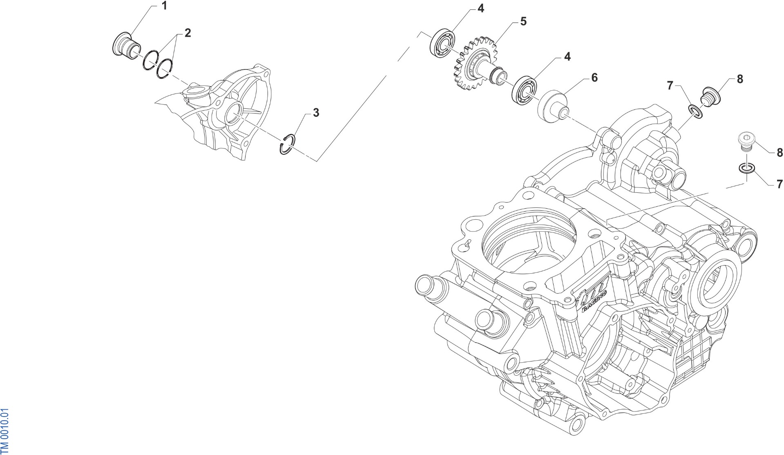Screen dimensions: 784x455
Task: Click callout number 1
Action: click(x=165, y=6)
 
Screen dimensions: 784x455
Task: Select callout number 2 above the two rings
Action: click(x=188, y=33)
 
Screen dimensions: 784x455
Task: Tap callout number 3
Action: click(x=316, y=113)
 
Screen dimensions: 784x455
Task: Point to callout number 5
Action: click(x=523, y=21)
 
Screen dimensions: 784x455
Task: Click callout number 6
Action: click(x=594, y=78)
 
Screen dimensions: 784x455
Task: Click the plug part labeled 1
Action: click(x=126, y=45)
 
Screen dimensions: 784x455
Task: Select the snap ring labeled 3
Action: click(x=288, y=145)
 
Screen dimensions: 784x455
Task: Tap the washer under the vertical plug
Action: click(x=746, y=168)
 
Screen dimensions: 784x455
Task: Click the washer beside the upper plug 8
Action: click(x=695, y=112)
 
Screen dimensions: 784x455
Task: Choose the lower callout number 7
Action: click(x=779, y=183)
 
